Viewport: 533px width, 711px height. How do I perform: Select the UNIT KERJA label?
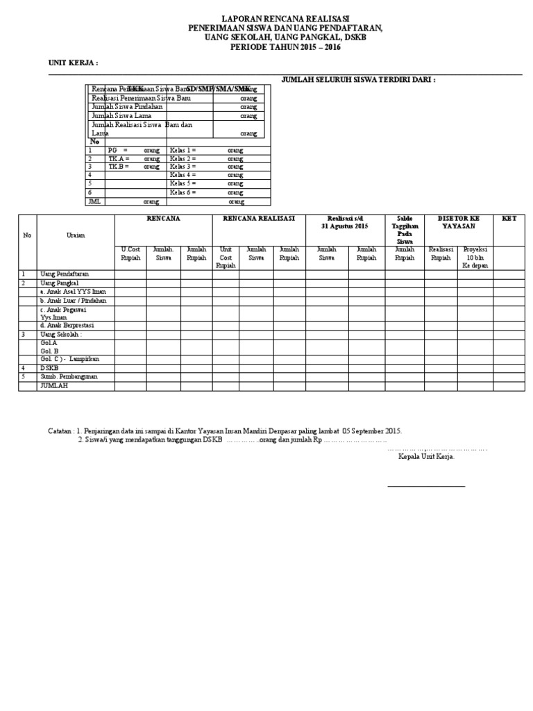(73, 62)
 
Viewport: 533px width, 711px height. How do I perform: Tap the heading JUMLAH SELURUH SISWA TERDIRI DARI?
(358, 81)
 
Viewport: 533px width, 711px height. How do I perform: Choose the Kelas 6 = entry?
(183, 192)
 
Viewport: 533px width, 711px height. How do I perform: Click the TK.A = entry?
(119, 158)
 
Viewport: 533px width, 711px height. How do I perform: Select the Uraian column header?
(76, 235)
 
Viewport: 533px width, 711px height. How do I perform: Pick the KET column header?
(509, 218)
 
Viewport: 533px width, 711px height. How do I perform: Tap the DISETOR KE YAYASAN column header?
(458, 222)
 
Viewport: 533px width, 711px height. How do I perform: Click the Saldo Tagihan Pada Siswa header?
(404, 230)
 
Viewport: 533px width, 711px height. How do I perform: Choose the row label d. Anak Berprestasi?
(67, 325)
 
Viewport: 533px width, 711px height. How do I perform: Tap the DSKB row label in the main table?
(49, 368)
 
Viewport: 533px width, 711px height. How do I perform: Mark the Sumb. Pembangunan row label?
(69, 376)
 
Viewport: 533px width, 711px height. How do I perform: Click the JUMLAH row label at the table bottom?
(55, 385)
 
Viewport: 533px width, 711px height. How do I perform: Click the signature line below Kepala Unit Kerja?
(426, 486)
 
